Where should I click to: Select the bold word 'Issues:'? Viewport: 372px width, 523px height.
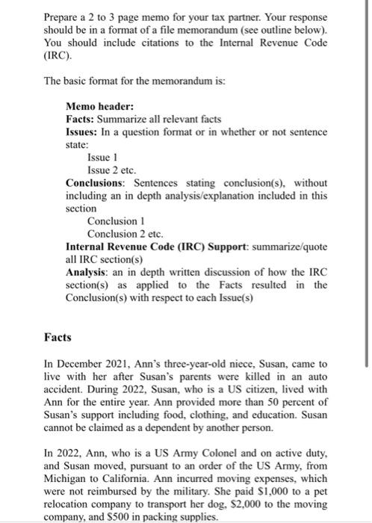click(84, 131)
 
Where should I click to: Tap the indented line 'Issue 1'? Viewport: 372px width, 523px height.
click(103, 158)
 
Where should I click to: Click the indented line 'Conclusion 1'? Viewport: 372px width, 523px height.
click(117, 221)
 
